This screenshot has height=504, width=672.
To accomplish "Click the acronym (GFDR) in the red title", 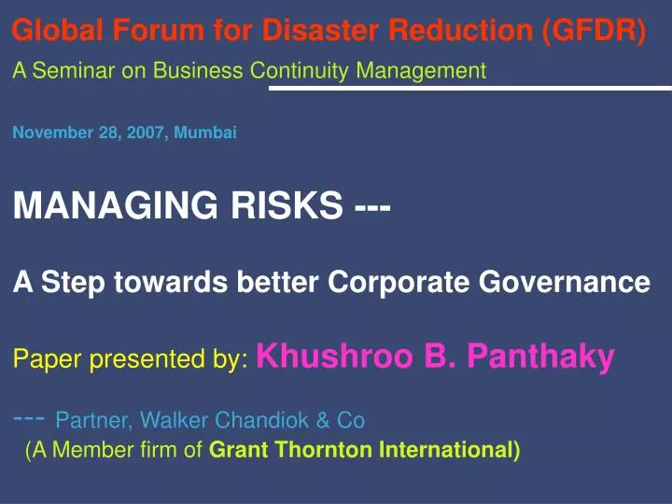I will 593,31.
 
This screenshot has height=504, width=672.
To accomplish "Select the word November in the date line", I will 48,133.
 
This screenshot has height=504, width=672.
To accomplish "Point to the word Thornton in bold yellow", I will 316,451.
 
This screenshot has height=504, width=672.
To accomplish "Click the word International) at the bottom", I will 449,451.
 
